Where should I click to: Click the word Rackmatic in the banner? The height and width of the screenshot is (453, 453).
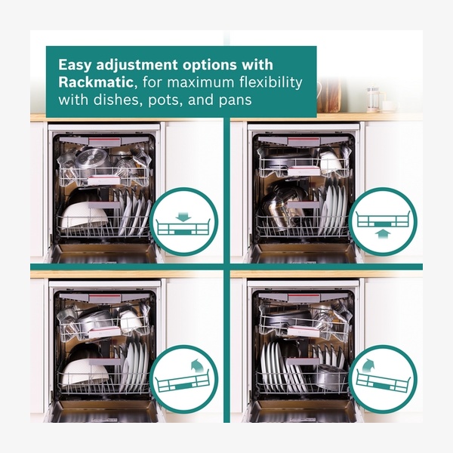pyautogui.click(x=96, y=82)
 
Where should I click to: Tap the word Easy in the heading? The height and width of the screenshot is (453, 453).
pyautogui.click(x=75, y=65)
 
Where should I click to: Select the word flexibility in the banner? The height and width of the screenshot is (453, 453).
pyautogui.click(x=271, y=82)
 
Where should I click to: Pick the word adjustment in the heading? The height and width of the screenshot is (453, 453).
pyautogui.click(x=137, y=66)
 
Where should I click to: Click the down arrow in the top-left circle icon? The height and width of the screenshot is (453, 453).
pyautogui.click(x=183, y=217)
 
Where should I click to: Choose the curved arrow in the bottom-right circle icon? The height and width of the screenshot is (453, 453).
pyautogui.click(x=368, y=365)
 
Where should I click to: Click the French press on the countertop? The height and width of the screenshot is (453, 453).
pyautogui.click(x=373, y=100)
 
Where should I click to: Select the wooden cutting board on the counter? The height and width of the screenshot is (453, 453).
pyautogui.click(x=330, y=95)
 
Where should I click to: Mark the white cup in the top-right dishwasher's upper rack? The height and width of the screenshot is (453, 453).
pyautogui.click(x=331, y=162)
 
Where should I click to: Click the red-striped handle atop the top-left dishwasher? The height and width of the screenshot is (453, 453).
pyautogui.click(x=105, y=142)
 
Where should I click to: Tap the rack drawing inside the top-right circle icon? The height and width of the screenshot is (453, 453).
pyautogui.click(x=383, y=219)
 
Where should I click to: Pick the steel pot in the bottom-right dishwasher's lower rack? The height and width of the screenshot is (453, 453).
pyautogui.click(x=331, y=377)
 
